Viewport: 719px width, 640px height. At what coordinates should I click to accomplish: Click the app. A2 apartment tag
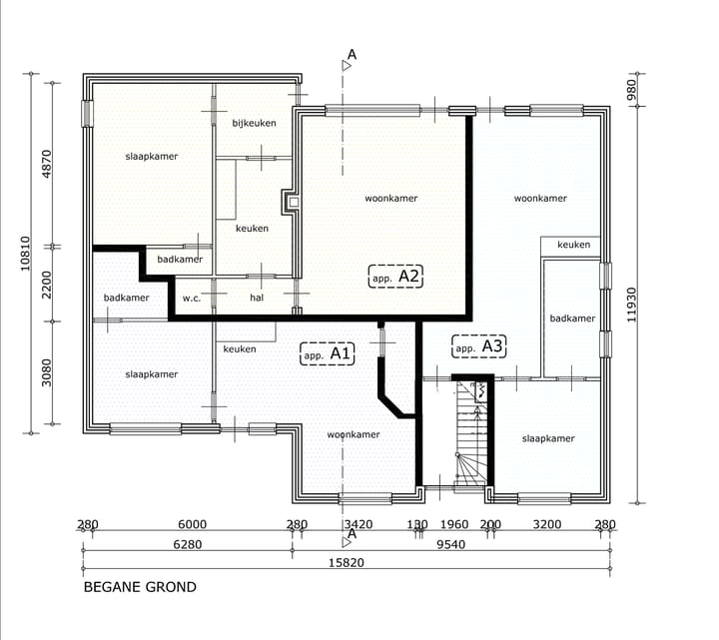[x=395, y=277]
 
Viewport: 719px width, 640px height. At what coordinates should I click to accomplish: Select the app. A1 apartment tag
[x=327, y=353]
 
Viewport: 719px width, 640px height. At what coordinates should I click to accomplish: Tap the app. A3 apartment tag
[x=478, y=346]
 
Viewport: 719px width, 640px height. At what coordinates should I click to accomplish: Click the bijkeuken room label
[x=254, y=123]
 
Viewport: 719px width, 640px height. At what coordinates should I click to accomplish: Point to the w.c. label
[x=192, y=299]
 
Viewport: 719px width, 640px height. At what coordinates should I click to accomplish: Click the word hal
[x=257, y=298]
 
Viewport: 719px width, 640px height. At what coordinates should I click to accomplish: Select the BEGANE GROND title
[x=140, y=587]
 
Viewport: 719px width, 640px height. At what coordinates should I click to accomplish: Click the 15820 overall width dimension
[x=347, y=562]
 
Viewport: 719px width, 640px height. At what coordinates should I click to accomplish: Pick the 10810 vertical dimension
[x=25, y=253]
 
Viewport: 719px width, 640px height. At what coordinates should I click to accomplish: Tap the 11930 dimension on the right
[x=632, y=305]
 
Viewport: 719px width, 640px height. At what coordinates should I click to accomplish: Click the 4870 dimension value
[x=46, y=164]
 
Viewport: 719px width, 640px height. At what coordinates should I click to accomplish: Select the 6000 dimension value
[x=192, y=524]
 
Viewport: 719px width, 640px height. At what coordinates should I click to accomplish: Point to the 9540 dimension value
[x=450, y=544]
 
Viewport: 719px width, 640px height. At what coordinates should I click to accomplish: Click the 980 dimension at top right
[x=632, y=90]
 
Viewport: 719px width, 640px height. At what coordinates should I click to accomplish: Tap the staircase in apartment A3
[x=471, y=432]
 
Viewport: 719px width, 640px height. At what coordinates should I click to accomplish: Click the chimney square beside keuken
[x=294, y=202]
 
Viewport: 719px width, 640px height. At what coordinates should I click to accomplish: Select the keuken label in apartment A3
[x=573, y=245]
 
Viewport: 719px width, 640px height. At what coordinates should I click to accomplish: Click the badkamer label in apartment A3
[x=572, y=319]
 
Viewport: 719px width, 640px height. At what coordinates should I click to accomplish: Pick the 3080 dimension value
[x=46, y=372]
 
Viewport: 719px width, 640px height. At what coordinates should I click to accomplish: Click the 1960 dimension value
[x=454, y=524]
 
